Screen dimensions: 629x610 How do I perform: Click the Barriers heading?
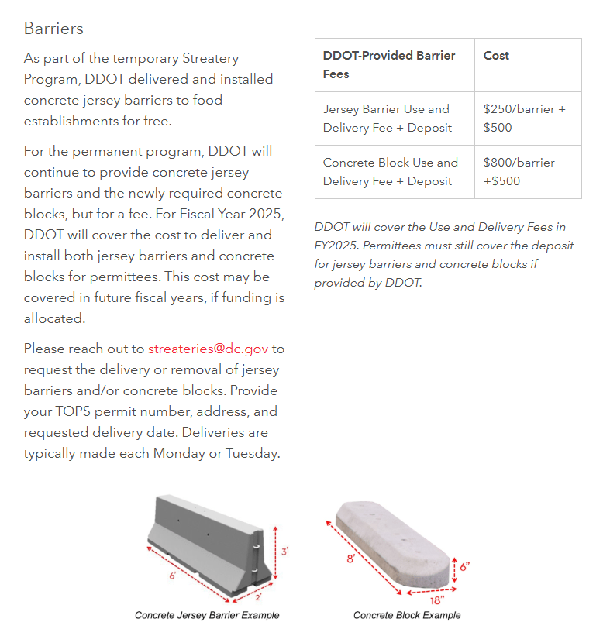coord(53,29)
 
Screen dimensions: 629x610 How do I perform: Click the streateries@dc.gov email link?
coord(208,349)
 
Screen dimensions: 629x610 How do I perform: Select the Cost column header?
coord(496,56)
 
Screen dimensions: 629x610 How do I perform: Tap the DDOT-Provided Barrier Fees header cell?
coord(388,65)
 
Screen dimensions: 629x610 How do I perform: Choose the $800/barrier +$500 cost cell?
coord(519,172)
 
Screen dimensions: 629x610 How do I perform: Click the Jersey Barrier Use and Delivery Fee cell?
coord(387,119)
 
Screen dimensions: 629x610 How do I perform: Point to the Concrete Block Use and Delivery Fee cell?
coord(390,172)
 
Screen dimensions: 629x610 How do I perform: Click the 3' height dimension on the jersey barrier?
coord(285,552)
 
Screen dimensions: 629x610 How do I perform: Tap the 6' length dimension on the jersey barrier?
coord(172,576)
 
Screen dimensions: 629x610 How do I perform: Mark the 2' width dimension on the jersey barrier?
coord(258,597)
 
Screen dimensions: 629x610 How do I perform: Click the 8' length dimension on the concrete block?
coord(351,558)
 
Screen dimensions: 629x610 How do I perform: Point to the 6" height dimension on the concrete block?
coord(464,566)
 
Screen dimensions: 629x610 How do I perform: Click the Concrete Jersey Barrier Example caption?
coord(207,615)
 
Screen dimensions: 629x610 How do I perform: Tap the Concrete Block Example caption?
coord(407,615)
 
